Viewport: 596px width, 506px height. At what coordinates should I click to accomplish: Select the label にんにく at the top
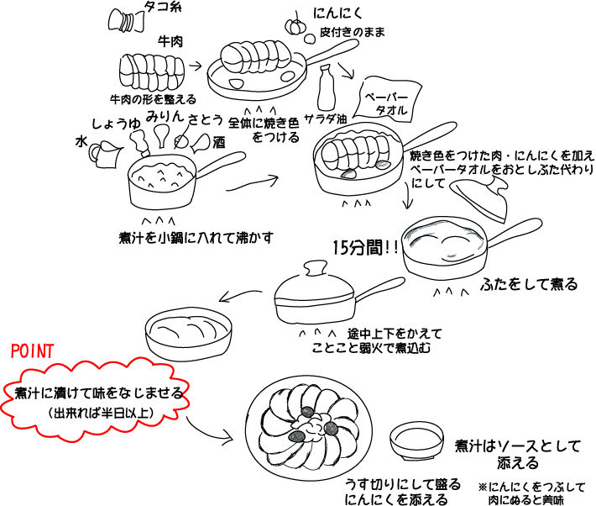(x=337, y=14)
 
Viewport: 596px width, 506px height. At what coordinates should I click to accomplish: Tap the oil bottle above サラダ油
(x=327, y=87)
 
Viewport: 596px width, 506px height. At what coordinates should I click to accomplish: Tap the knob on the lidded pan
(x=316, y=269)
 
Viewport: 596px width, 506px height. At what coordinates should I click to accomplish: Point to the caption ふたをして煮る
(x=529, y=284)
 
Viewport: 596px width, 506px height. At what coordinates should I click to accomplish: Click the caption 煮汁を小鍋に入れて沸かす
(x=196, y=236)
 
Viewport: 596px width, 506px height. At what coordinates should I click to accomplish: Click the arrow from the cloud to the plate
(x=208, y=429)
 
